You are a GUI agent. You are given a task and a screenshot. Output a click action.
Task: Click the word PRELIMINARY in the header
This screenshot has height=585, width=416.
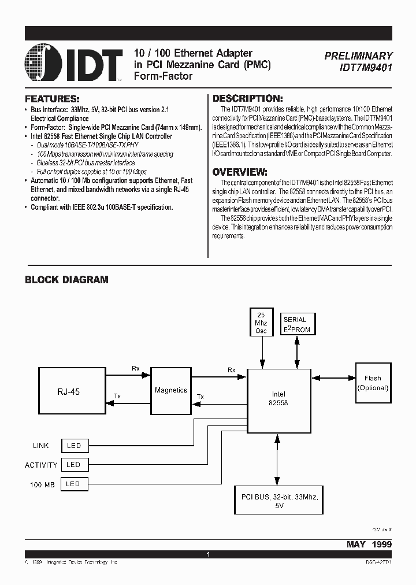(358, 56)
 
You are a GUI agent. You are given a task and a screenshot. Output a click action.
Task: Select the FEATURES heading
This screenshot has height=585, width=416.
(52, 99)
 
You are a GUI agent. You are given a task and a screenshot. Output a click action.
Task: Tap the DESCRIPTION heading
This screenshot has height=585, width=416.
(247, 99)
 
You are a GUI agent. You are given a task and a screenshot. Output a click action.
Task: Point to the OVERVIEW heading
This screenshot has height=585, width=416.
(240, 172)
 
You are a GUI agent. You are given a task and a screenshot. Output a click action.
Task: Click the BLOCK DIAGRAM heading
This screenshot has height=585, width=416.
(66, 280)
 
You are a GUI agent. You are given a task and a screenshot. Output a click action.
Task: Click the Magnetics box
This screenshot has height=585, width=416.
(170, 390)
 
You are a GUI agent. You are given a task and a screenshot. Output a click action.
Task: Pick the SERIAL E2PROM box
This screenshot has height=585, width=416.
(296, 324)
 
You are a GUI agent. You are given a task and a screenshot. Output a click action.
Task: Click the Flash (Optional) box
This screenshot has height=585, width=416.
(373, 383)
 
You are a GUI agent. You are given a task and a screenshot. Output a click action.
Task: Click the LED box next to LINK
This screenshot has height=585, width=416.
(73, 446)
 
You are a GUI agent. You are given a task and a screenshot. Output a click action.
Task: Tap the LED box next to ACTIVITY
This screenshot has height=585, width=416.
(73, 464)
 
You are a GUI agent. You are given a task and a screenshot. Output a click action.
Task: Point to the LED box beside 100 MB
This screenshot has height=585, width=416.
(73, 484)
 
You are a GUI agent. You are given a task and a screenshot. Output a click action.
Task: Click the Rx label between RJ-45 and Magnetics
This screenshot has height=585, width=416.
(136, 368)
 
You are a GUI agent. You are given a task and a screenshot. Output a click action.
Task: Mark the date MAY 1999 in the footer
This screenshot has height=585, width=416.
(369, 544)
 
